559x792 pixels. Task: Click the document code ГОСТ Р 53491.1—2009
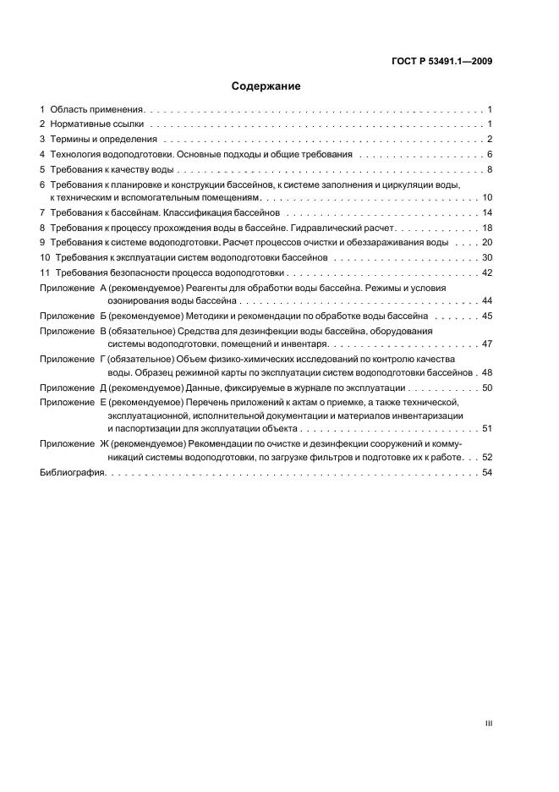pos(442,61)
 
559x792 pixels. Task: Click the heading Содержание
pos(266,86)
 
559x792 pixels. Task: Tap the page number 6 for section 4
pos(490,154)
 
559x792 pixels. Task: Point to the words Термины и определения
pos(104,140)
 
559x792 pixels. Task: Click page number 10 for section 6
pos(487,197)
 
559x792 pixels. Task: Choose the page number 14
pos(487,212)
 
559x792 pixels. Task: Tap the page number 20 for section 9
pos(487,242)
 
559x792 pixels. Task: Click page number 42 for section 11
pos(487,272)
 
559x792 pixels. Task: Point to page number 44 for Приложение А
pos(487,300)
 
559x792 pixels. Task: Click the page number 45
pos(487,316)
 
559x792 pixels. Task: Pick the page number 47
pos(487,344)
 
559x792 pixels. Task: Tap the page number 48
pos(487,371)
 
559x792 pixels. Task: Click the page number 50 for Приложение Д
pos(487,387)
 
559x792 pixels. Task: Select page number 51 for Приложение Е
pos(487,429)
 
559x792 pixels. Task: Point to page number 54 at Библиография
pos(487,472)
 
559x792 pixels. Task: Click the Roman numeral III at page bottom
pos(488,723)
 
